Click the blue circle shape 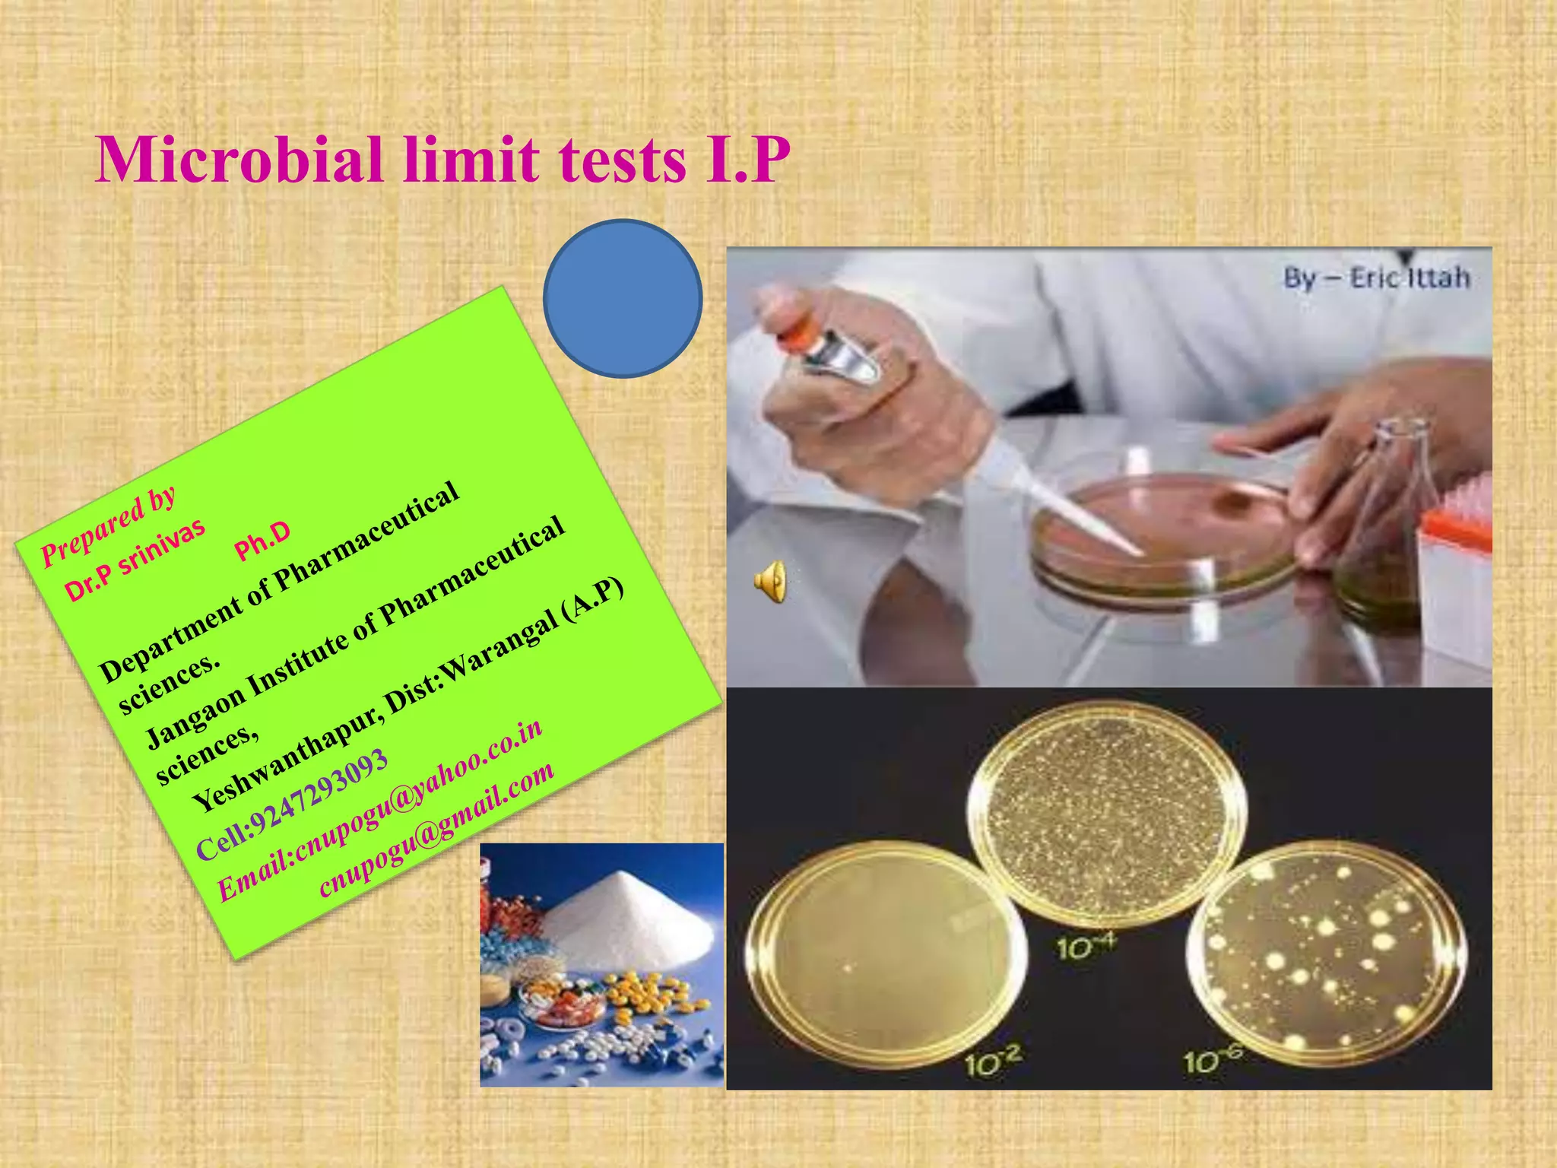pos(623,298)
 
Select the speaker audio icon pos(770,582)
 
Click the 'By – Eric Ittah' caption pos(1376,278)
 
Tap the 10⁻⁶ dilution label pos(1213,1058)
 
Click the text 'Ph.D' pos(262,541)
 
